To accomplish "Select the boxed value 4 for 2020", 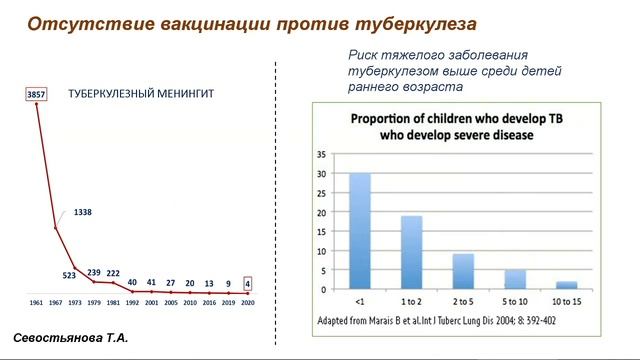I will tap(247, 282).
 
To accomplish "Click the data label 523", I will tap(70, 275).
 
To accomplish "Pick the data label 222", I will tap(113, 273).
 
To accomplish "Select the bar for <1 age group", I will tap(359, 231).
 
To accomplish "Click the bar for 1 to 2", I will tap(412, 252).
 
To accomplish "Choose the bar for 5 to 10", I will tap(516, 279).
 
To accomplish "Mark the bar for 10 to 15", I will tap(567, 285).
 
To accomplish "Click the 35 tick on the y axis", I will tap(321, 155).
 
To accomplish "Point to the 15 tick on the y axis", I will tap(321, 231).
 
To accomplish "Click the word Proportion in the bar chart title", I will tap(381, 119).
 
